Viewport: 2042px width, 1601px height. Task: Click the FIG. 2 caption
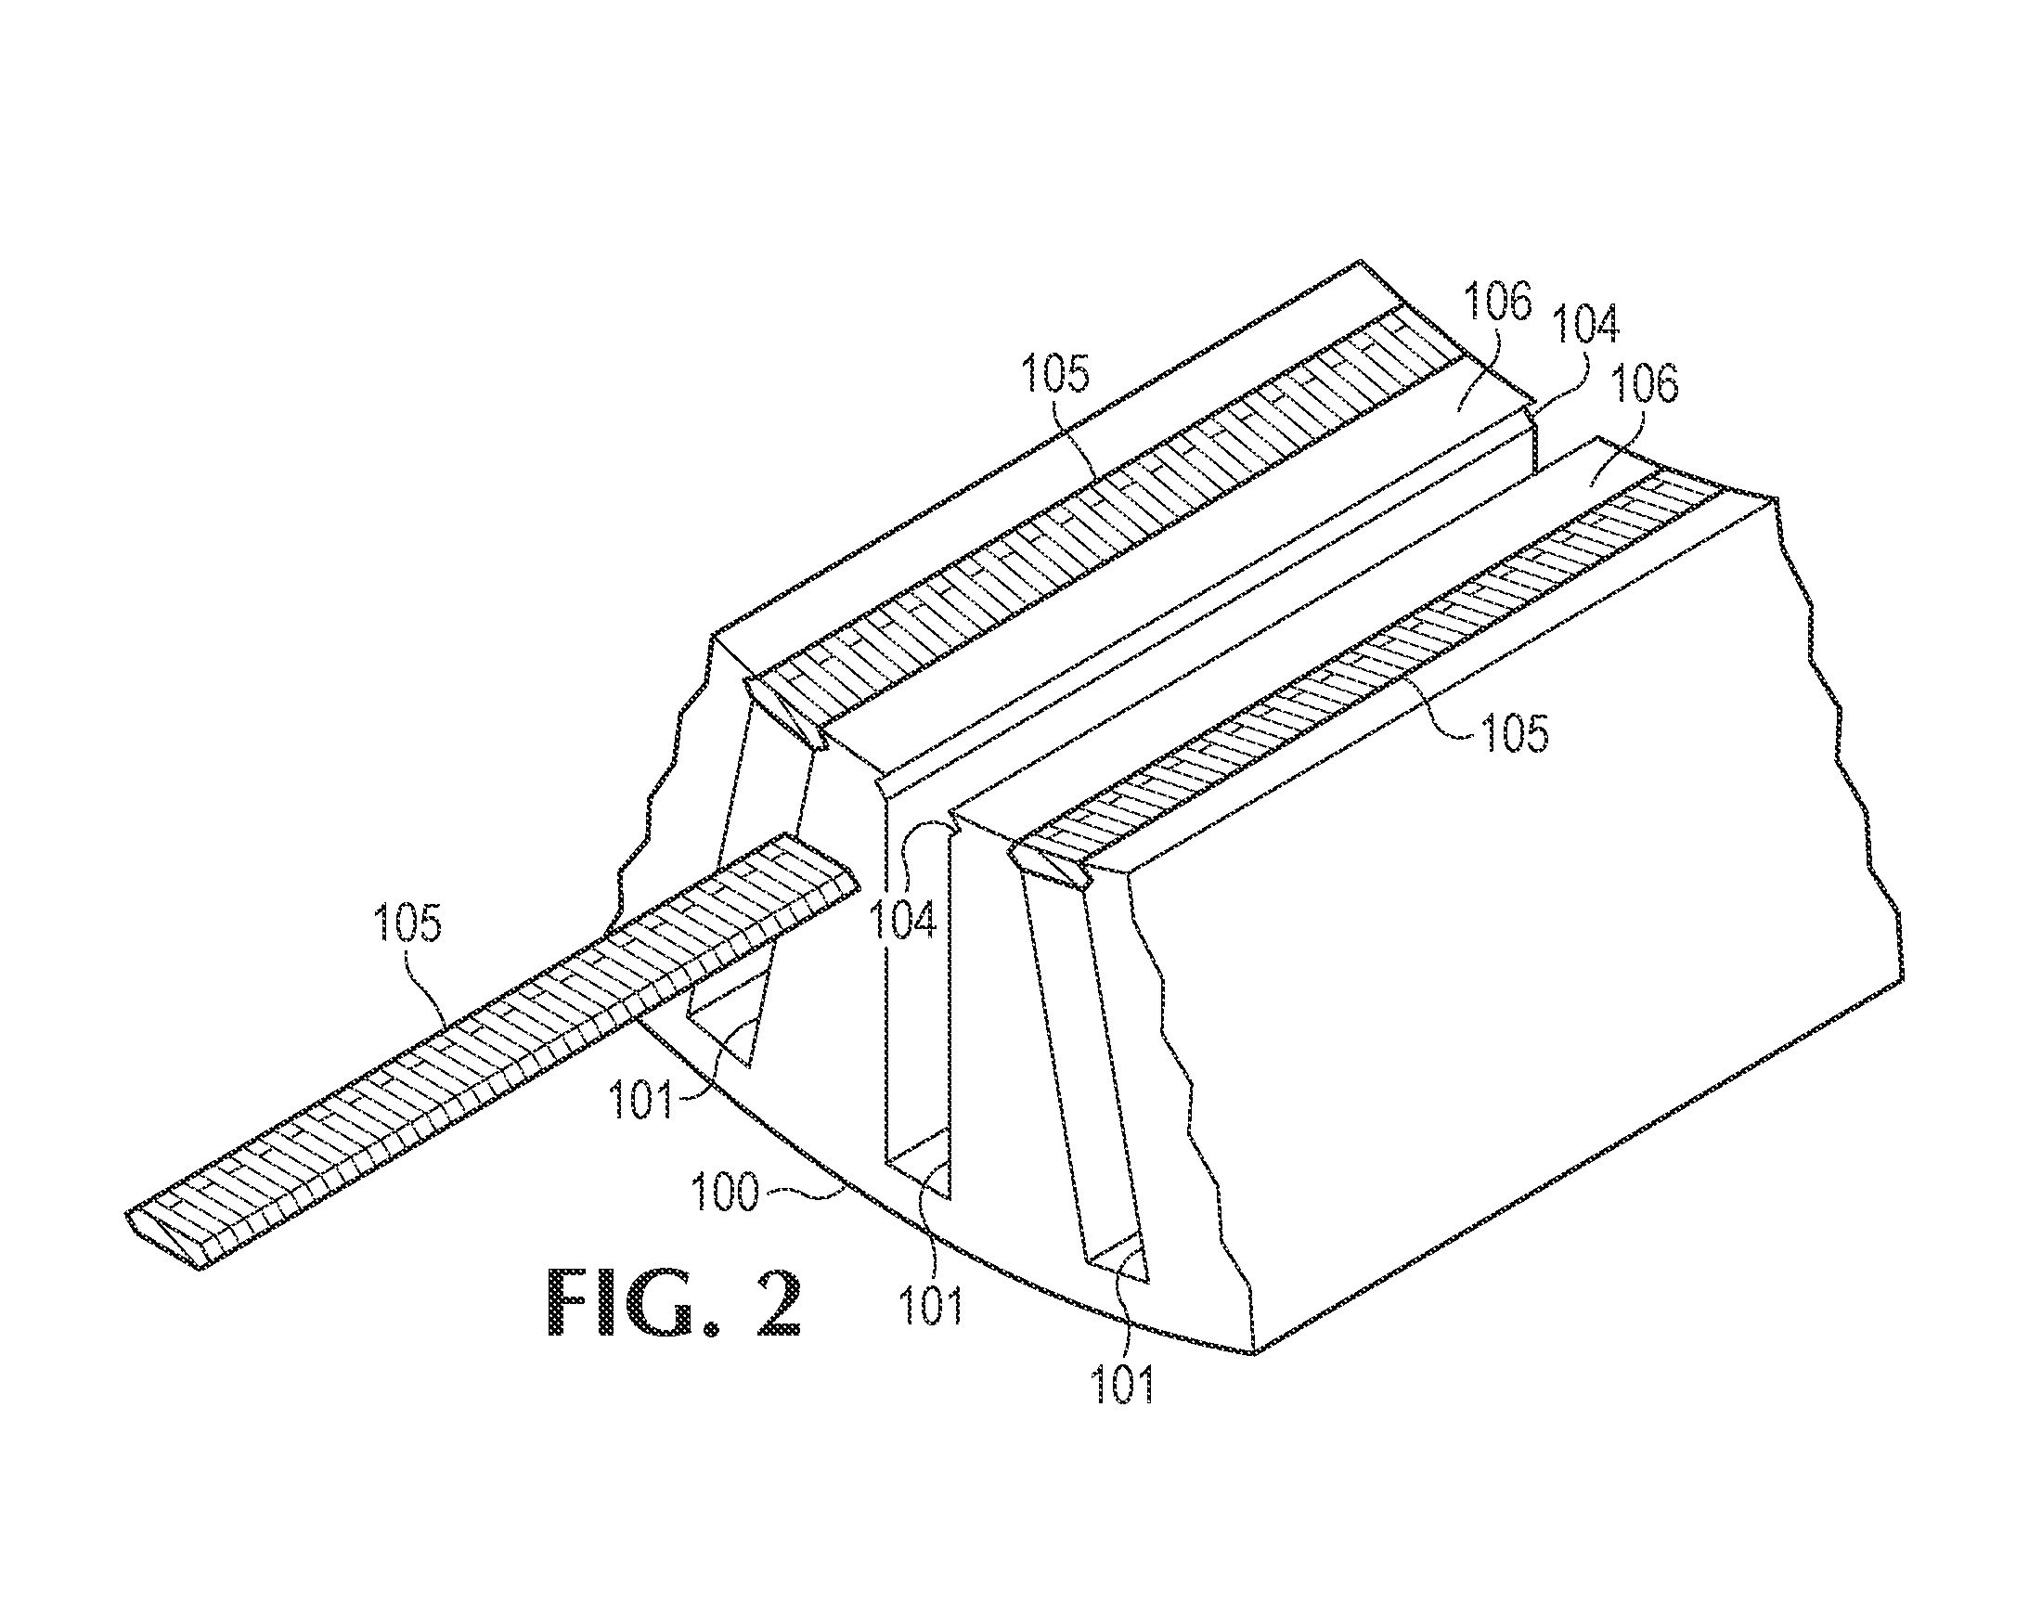point(674,1303)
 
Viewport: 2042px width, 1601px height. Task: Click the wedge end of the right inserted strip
point(1050,862)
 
